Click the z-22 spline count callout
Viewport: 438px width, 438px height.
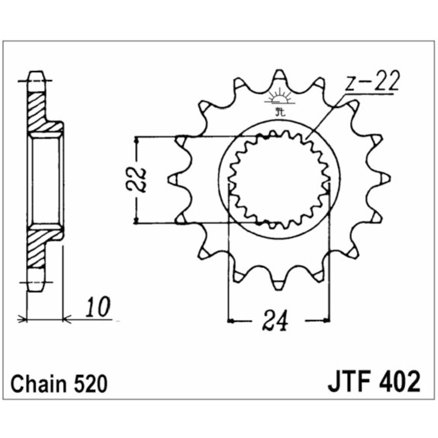[x=371, y=81]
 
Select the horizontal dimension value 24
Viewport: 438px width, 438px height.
[x=275, y=321]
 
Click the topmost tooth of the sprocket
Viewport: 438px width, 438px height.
[x=279, y=77]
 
